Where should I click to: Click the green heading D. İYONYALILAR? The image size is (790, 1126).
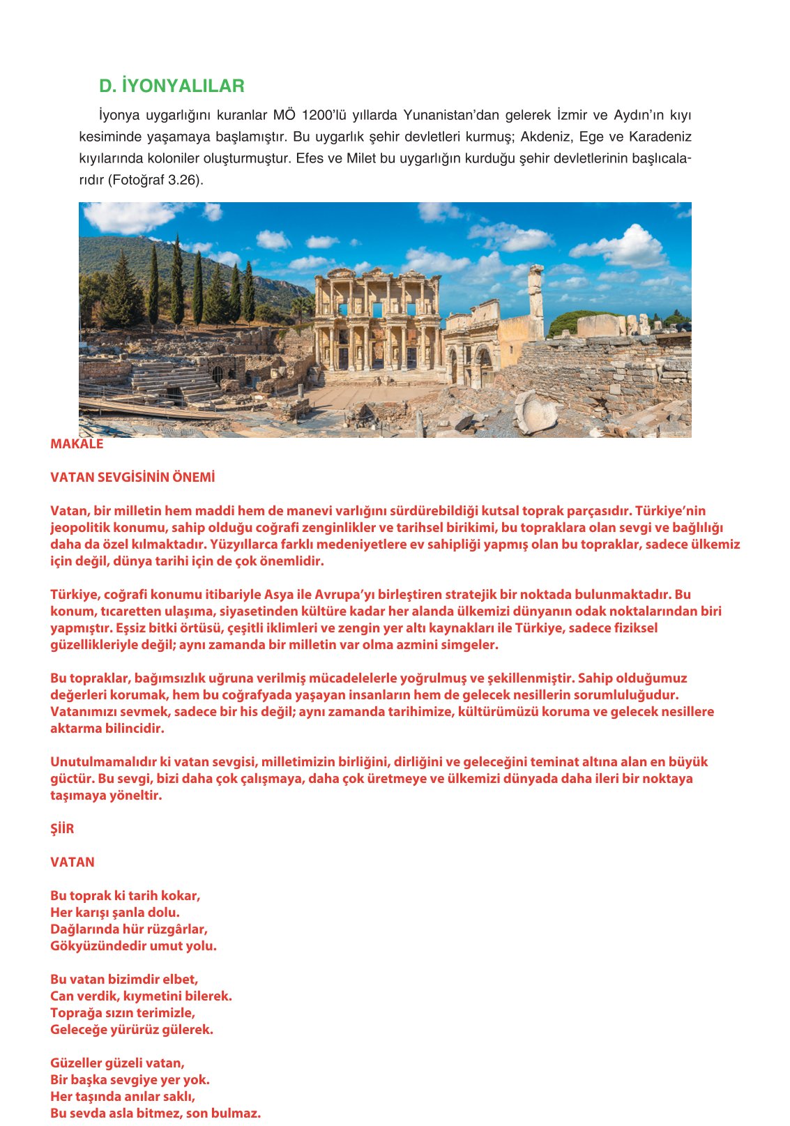coord(172,86)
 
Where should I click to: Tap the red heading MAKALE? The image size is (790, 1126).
coord(77,444)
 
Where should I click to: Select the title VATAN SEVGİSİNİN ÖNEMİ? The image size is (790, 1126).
coord(132,478)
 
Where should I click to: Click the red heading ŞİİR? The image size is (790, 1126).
coord(62,829)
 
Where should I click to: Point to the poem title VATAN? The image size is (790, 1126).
coord(73,862)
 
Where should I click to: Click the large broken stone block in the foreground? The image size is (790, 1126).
coord(535,412)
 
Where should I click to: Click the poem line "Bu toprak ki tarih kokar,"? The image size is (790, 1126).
coord(126,896)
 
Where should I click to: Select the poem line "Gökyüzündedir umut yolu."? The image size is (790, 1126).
coord(133,946)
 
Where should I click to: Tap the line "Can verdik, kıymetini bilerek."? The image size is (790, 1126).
coord(141,996)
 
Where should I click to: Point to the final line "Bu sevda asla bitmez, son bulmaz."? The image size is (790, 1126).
coord(155,1113)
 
